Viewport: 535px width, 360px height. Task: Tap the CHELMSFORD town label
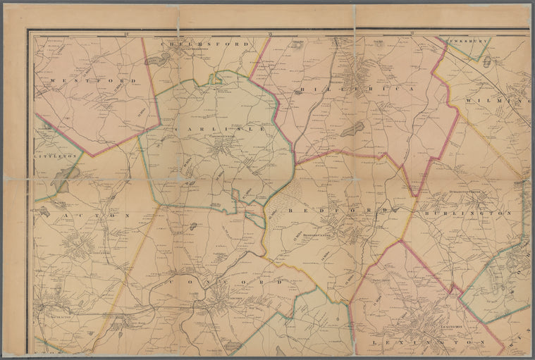tap(206, 44)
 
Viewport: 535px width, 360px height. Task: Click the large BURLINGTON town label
tap(467, 212)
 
